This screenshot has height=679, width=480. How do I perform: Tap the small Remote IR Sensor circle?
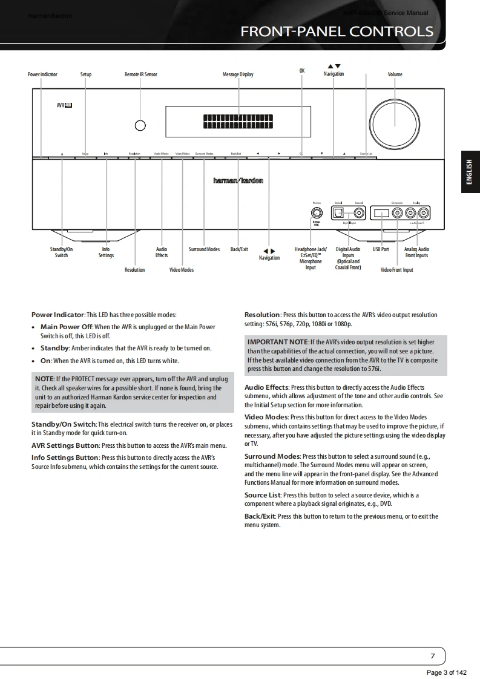(140, 125)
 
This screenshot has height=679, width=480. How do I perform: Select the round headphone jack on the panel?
(316, 212)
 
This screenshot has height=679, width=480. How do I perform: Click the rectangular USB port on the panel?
(382, 213)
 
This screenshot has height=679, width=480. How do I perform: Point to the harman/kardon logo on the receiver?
(238, 181)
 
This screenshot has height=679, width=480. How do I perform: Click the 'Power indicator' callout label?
(42, 74)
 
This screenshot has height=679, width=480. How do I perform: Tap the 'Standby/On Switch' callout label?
(61, 252)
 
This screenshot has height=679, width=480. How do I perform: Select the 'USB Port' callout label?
(381, 249)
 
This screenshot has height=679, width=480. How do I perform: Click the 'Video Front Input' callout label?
(396, 270)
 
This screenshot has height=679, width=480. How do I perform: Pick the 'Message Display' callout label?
(238, 74)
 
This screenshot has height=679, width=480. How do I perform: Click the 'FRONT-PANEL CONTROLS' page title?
(337, 31)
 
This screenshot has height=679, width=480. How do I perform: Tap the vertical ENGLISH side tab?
(470, 172)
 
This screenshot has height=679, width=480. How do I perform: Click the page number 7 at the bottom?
(432, 656)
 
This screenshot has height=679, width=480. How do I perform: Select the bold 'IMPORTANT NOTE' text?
(278, 343)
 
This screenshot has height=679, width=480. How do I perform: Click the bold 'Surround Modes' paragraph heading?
(272, 456)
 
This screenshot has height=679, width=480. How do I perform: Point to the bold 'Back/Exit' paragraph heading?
(260, 516)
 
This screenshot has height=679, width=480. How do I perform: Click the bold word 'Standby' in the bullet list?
(54, 348)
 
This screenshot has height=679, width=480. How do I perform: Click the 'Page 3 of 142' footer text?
(447, 673)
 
